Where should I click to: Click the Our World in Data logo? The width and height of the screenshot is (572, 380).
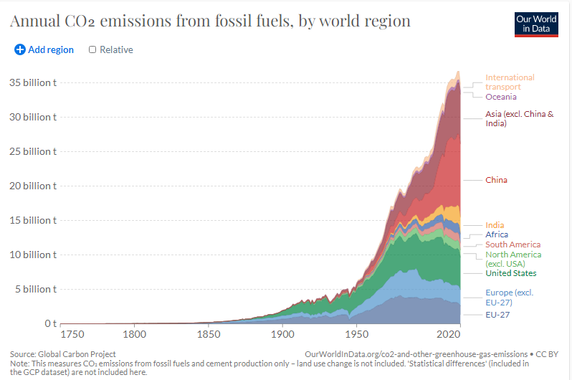(536, 24)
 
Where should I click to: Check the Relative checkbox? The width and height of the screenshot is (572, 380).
(92, 49)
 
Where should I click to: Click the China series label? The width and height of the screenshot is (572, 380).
(496, 180)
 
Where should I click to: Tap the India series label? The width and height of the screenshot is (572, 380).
(495, 225)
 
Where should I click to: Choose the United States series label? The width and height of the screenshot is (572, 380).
(510, 273)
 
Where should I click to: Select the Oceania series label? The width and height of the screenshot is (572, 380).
(500, 97)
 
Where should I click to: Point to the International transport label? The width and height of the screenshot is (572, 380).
(510, 82)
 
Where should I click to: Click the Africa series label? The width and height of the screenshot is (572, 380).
(497, 234)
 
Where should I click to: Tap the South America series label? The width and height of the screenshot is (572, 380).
(513, 244)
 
